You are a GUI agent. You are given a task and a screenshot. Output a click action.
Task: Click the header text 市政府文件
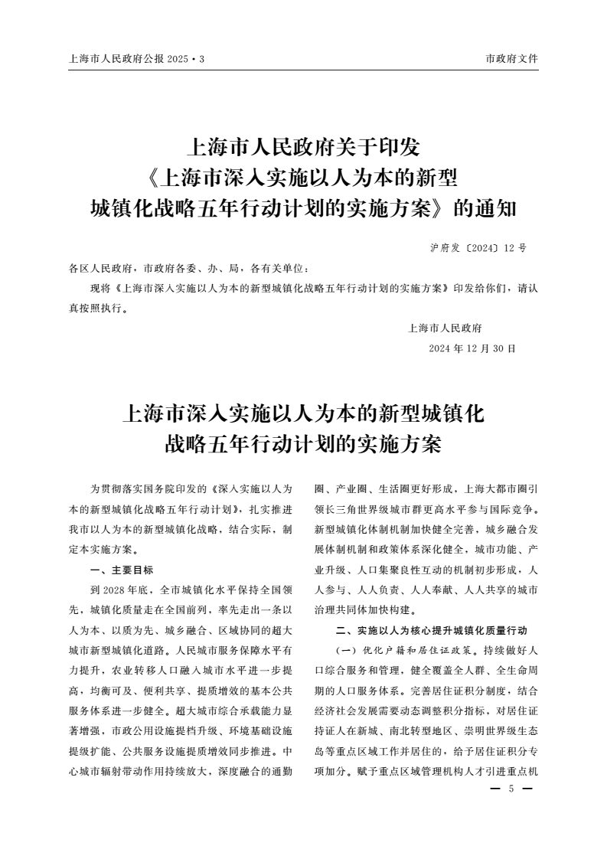pos(511,59)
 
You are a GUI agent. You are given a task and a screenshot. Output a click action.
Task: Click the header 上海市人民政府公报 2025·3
pos(137,59)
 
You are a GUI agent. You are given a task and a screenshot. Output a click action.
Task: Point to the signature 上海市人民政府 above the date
pos(445,328)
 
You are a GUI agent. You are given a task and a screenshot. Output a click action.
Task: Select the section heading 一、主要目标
pos(122,570)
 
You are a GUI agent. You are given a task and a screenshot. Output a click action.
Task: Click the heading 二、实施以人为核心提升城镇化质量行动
pos(432,630)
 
